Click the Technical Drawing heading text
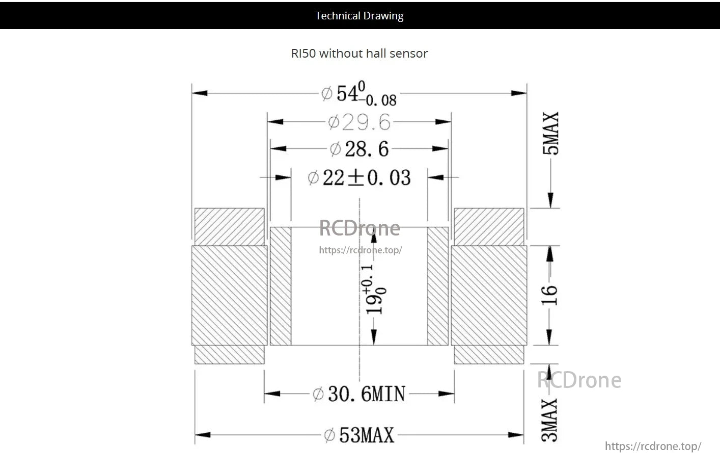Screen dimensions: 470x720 point(359,16)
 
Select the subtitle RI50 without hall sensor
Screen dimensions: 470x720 point(359,54)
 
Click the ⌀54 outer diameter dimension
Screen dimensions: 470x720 point(358,94)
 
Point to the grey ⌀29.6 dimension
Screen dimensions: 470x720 point(359,122)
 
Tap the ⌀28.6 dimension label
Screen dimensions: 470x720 point(359,149)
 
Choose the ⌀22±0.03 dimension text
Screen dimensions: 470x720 point(359,178)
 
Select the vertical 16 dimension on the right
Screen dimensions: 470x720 point(549,295)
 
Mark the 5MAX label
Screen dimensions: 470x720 point(550,134)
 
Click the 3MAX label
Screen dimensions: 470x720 point(549,420)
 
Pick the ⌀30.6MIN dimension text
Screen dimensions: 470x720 point(359,394)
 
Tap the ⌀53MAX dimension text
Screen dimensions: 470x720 point(359,435)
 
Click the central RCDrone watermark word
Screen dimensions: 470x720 point(359,228)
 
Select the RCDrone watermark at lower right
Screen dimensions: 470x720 point(579,380)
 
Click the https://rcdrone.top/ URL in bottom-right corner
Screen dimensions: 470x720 point(653,447)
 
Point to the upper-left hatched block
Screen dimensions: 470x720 point(230,226)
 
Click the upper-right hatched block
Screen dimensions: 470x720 point(489,226)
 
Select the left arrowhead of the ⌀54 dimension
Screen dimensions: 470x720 point(200,93)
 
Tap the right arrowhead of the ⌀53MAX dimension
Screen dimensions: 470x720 point(516,435)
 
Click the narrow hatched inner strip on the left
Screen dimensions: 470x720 point(281,286)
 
